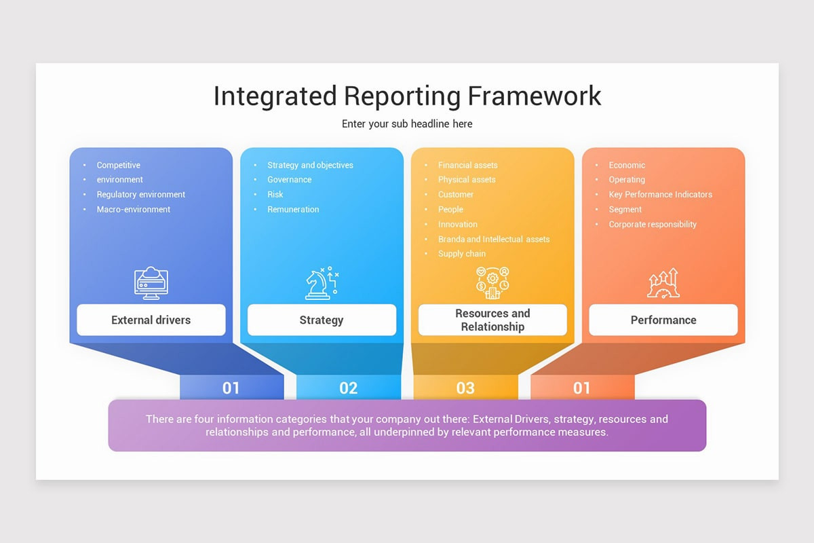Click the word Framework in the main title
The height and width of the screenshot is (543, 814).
point(534,96)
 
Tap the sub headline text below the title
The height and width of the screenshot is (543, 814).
point(407,124)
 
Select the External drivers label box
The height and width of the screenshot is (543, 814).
point(151,320)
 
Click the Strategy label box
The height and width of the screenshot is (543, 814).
point(322,320)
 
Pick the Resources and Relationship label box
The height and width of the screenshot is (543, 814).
point(492,320)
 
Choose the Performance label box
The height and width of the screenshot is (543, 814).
point(663,320)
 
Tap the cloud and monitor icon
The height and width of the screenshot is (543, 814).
point(151,283)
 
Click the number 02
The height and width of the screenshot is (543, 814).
point(348,388)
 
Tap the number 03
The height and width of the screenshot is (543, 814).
point(465,388)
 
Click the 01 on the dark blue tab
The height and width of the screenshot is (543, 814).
point(231,388)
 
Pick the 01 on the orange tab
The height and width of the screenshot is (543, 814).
point(582,388)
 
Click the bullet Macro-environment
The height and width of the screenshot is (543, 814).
point(134,209)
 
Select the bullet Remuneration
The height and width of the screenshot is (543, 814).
point(293,209)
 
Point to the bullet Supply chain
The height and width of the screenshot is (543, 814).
point(462,254)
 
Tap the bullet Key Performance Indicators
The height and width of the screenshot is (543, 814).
point(660,194)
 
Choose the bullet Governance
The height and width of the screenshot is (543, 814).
point(290,179)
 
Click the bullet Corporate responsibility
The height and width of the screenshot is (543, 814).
point(653,224)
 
